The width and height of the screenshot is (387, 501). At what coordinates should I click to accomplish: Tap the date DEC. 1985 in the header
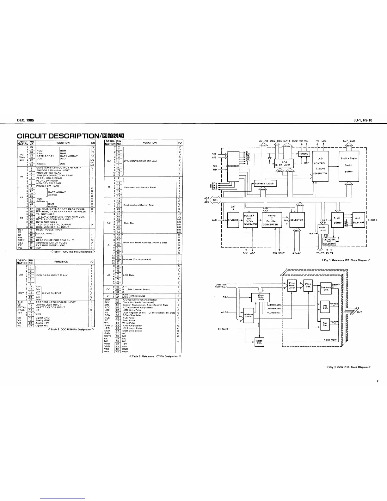(x=26, y=120)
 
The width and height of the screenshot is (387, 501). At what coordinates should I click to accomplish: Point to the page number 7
(x=377, y=381)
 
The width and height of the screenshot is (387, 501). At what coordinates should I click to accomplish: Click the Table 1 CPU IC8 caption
(x=72, y=252)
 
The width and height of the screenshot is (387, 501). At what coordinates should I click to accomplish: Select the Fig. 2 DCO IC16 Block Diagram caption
(x=348, y=367)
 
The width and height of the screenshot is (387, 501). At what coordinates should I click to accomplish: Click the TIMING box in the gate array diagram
(x=304, y=154)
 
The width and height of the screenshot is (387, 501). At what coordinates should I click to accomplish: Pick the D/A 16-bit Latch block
(x=285, y=163)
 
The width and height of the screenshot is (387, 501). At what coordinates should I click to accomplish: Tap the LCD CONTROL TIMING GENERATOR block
(x=320, y=166)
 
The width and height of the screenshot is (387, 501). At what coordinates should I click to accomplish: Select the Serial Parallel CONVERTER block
(x=270, y=220)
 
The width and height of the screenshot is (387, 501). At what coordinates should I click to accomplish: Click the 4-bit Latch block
(x=322, y=229)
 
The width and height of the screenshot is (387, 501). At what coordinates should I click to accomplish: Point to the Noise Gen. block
(x=259, y=341)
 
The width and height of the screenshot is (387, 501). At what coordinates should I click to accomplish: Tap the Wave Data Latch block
(x=261, y=297)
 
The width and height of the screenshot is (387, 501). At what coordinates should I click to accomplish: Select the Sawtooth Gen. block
(x=326, y=288)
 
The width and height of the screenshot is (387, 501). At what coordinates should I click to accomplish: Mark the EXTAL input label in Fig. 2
(x=223, y=329)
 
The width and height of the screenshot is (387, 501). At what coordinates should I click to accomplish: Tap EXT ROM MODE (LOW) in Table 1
(x=51, y=245)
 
